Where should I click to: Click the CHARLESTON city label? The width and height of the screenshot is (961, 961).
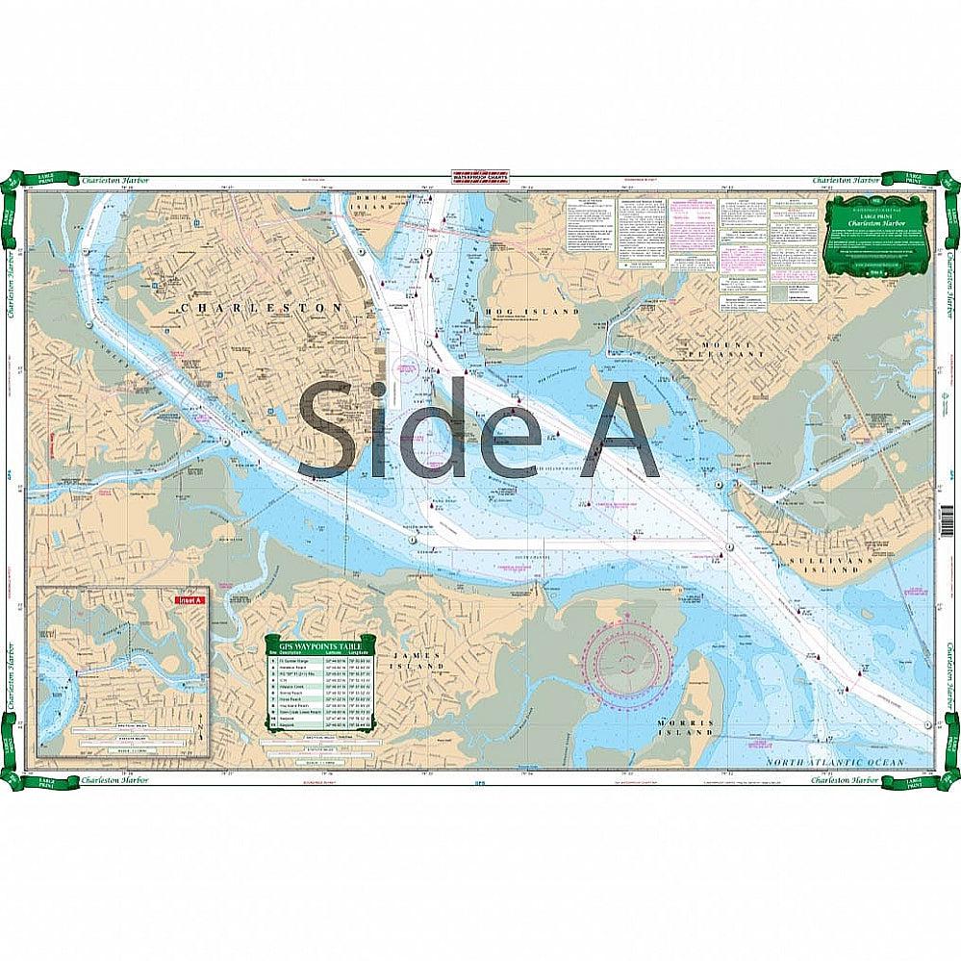point(262,307)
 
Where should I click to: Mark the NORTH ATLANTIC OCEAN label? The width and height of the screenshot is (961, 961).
point(835,762)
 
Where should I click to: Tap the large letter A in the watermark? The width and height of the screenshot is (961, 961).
point(620,430)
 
